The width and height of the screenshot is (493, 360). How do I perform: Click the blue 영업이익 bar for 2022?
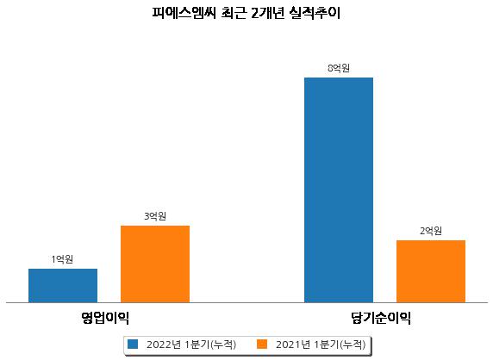coord(63,286)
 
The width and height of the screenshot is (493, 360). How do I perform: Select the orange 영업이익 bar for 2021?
coord(155,264)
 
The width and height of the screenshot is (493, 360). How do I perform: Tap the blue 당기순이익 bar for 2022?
coord(339,190)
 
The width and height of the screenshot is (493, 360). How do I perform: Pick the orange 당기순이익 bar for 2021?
coord(431,271)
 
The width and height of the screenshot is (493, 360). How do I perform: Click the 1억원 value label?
coord(63,259)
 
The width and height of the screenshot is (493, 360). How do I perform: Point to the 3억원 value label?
coord(155,216)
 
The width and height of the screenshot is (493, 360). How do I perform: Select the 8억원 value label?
coord(339,68)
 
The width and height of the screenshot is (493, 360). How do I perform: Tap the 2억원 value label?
coord(431,231)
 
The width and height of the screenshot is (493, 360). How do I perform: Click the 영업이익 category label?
coord(105,318)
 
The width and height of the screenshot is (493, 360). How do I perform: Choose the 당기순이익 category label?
coord(381,318)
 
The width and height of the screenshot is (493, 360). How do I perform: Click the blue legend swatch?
coord(133,344)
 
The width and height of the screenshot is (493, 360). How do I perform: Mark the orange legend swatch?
coord(262,344)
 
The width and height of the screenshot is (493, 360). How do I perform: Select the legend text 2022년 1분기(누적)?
coord(191,344)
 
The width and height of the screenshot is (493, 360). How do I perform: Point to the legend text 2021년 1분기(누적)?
coord(321,344)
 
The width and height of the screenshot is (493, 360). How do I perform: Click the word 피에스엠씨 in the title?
coord(184,13)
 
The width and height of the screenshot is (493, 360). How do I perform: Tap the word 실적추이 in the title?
coord(315,13)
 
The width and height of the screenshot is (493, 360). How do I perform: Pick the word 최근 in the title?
coord(234,13)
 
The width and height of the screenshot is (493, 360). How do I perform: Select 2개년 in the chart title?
coord(268,13)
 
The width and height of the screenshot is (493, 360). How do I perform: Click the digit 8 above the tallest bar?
coord(330,68)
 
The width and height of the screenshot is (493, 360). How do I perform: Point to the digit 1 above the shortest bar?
coord(53,259)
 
